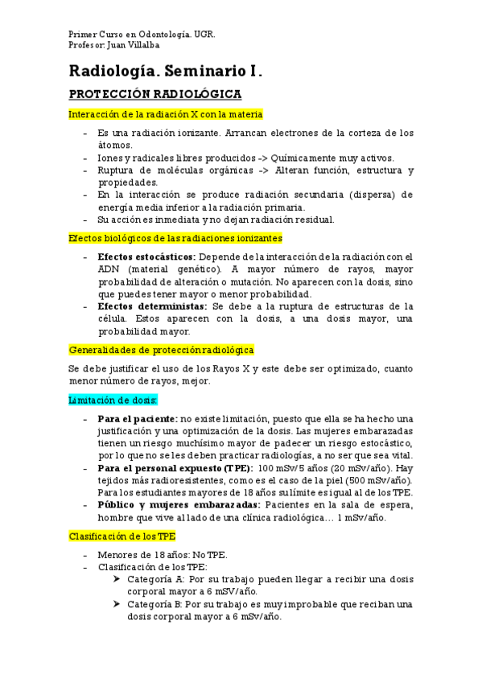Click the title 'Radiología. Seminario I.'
(166, 70)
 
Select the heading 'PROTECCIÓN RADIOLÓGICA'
(150, 94)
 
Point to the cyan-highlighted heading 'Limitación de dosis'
(113, 399)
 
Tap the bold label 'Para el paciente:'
(138, 419)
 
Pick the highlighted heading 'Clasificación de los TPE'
(122, 536)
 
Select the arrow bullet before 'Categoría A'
(118, 579)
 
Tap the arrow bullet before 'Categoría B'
(118, 604)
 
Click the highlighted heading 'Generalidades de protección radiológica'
(161, 350)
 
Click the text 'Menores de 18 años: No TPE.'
(163, 555)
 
